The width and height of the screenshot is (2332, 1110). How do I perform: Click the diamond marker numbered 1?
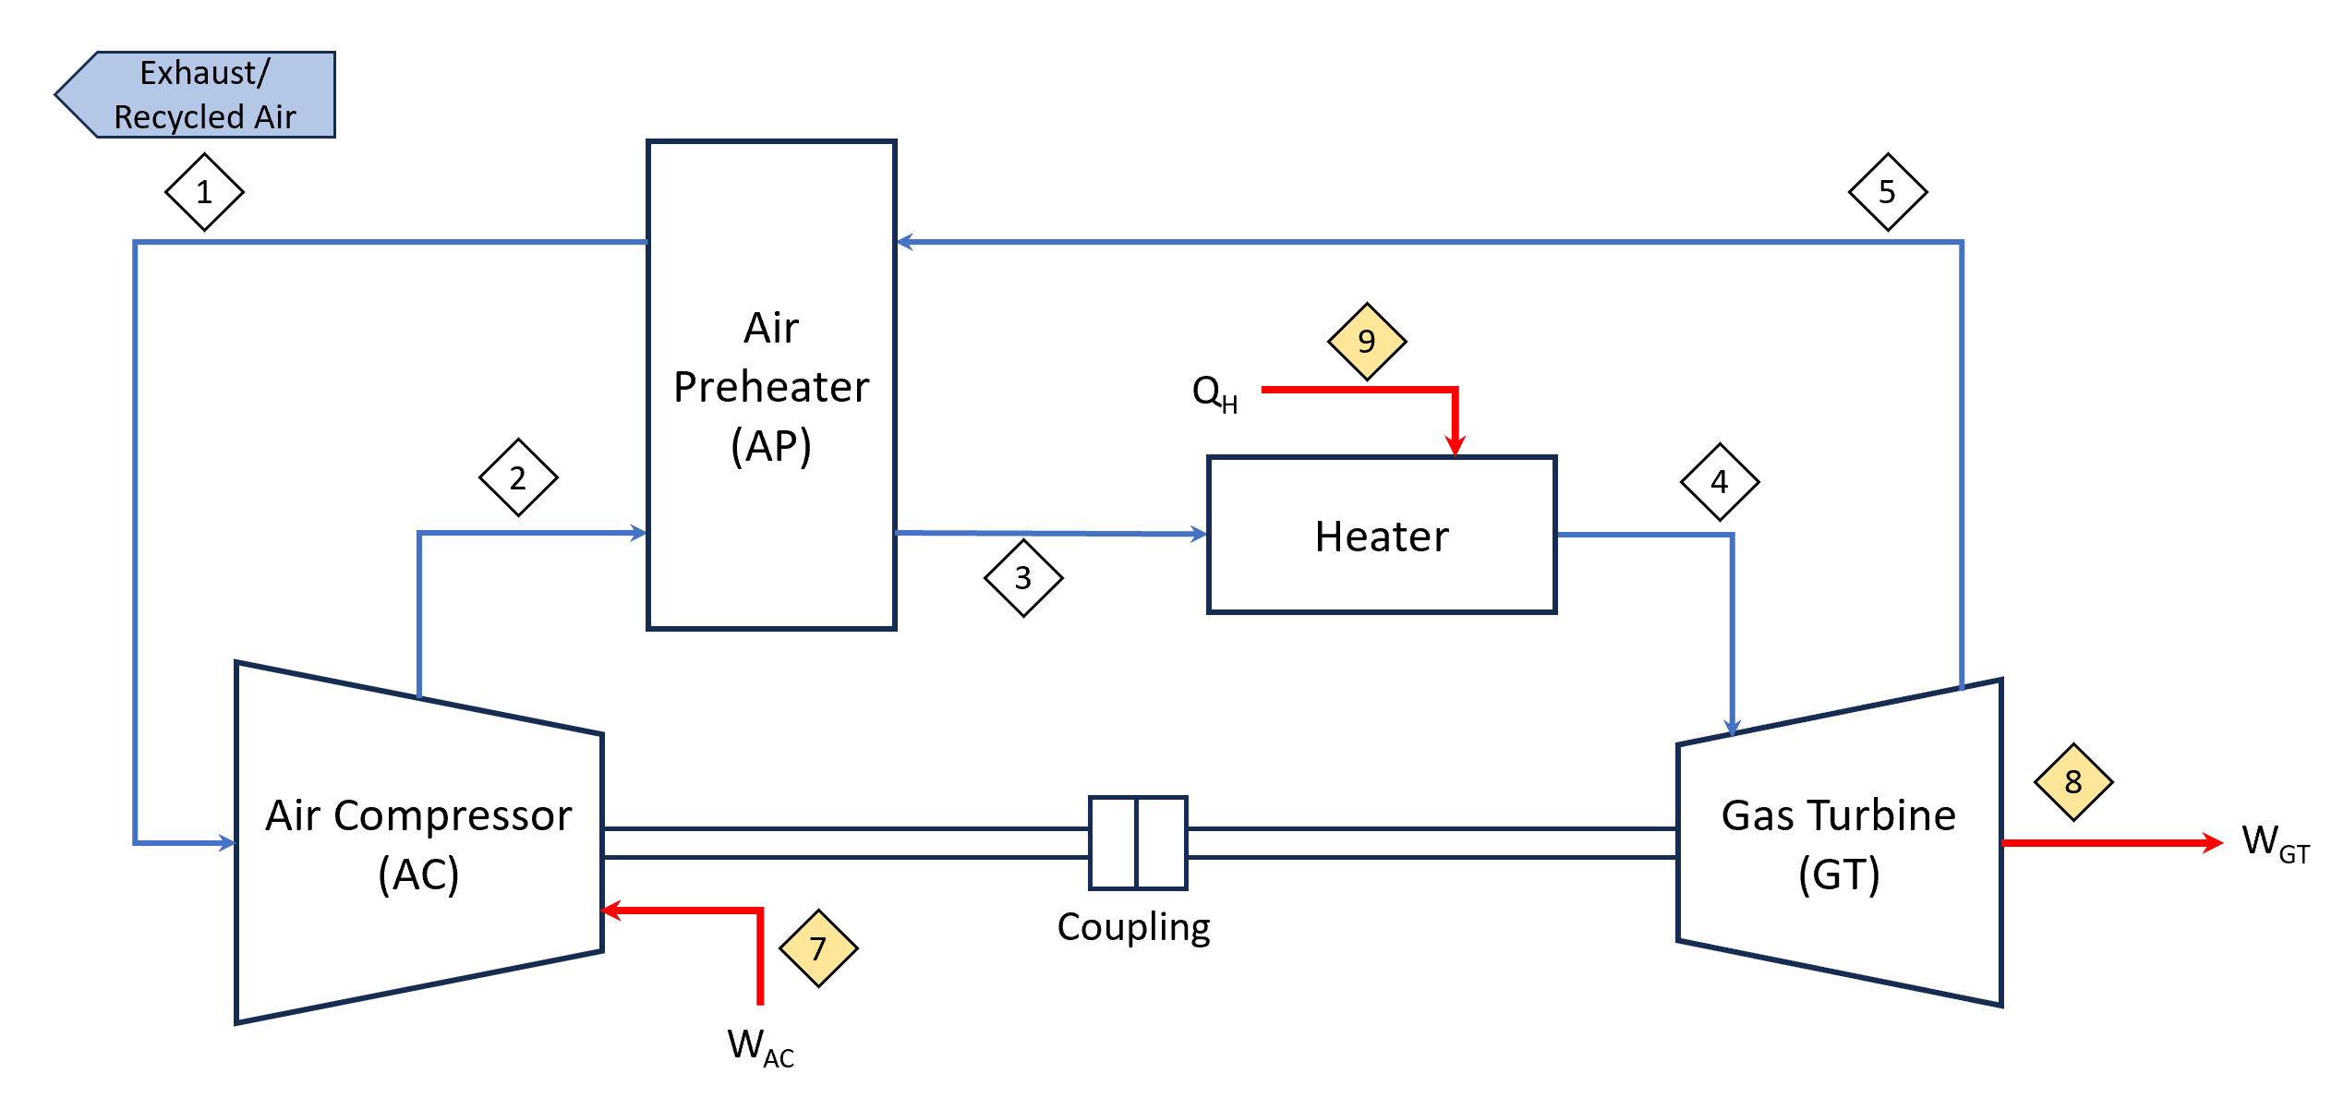(x=204, y=192)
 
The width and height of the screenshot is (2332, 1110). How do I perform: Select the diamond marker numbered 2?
(x=518, y=477)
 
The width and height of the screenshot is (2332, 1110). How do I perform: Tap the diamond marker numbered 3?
(x=1023, y=578)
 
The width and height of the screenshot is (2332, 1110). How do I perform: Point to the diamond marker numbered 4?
(x=1720, y=482)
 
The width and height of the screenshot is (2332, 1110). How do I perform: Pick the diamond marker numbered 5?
(x=1888, y=192)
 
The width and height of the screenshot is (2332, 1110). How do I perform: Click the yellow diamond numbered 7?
(x=818, y=948)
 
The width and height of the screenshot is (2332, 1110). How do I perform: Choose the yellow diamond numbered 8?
(x=2073, y=782)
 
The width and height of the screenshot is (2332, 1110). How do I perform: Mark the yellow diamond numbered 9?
(x=1367, y=342)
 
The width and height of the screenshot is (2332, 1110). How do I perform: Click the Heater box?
(x=1382, y=536)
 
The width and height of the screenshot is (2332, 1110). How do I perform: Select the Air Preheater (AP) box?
(x=771, y=386)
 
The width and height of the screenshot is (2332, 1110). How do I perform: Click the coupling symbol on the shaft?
(x=1138, y=842)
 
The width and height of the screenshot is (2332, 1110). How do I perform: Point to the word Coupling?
(x=1133, y=927)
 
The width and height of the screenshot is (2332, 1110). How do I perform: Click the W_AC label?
(x=760, y=1047)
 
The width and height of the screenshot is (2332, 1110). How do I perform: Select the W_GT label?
(x=2275, y=843)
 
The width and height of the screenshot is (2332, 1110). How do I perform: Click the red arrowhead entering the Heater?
(x=1456, y=446)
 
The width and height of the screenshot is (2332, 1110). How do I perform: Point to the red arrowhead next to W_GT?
(x=2212, y=842)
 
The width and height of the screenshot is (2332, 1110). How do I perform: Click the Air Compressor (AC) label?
(x=418, y=844)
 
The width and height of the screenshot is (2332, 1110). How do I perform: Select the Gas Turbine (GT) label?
(x=1839, y=844)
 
